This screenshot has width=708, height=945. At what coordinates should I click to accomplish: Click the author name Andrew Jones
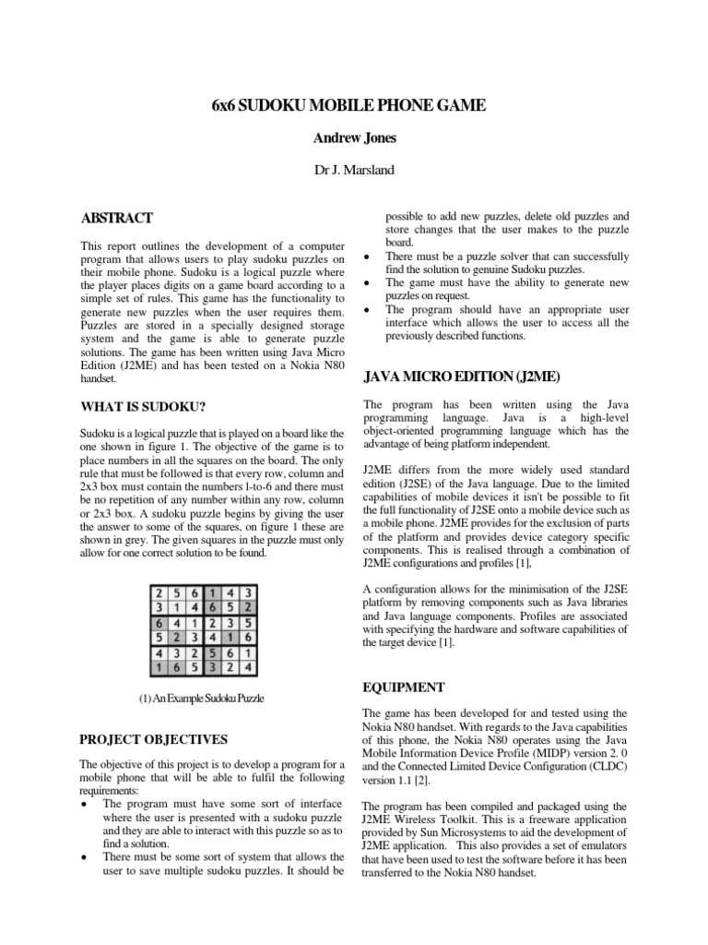click(x=354, y=139)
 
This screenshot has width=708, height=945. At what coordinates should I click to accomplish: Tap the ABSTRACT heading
click(x=117, y=218)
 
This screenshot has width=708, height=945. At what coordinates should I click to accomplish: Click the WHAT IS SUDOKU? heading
click(x=142, y=405)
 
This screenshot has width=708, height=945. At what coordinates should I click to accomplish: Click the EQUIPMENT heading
click(x=405, y=688)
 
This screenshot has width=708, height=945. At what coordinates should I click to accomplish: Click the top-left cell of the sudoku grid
click(x=159, y=593)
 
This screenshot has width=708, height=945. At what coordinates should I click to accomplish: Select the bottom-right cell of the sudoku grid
click(x=249, y=664)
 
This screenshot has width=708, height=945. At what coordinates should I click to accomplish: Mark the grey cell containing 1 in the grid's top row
click(x=213, y=593)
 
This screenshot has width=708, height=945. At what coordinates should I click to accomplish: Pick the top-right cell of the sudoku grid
click(x=249, y=593)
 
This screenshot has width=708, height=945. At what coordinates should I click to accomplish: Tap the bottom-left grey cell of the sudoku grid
click(x=159, y=664)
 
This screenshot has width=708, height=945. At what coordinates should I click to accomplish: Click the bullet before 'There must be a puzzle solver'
click(x=368, y=257)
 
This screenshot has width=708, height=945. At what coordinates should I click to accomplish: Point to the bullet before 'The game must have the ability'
click(x=368, y=282)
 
